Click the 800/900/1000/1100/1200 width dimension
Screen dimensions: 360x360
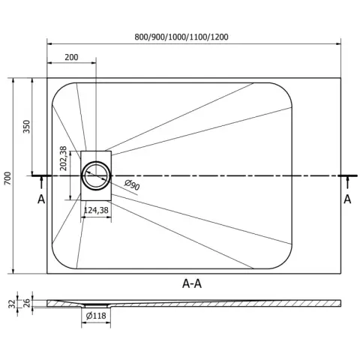click(x=181, y=37)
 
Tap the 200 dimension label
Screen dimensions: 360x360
click(x=71, y=57)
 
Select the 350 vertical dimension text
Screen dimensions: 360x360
click(x=26, y=127)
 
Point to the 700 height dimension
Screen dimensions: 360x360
click(x=7, y=178)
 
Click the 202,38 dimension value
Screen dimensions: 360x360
click(x=64, y=158)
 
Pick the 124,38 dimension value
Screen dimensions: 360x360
click(x=96, y=210)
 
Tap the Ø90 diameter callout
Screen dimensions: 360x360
click(x=132, y=185)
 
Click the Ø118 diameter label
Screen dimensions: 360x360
click(x=96, y=316)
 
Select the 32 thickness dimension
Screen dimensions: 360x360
click(x=12, y=304)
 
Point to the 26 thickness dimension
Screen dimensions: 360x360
click(x=27, y=303)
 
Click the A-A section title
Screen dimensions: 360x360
click(x=192, y=283)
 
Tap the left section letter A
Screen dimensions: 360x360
click(x=41, y=199)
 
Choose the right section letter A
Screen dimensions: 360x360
click(x=347, y=199)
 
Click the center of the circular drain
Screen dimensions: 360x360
click(x=96, y=175)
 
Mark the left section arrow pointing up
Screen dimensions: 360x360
click(x=41, y=182)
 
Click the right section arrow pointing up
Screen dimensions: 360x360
click(x=347, y=182)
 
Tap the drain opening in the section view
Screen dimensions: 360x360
click(x=96, y=305)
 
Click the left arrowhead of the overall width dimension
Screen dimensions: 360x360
click(x=49, y=44)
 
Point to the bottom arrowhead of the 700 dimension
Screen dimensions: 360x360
click(x=13, y=271)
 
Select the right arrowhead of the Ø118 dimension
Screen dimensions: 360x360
click(x=108, y=323)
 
